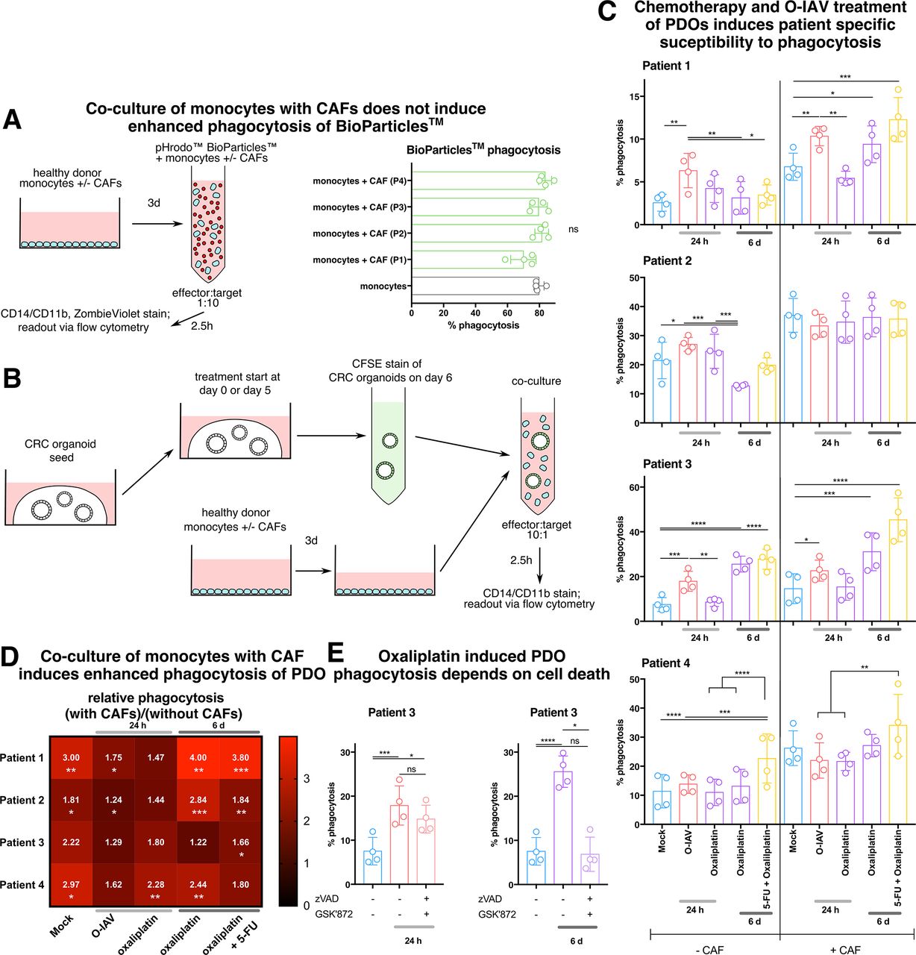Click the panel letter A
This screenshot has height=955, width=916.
point(12,120)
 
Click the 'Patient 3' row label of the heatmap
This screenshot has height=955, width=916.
point(22,842)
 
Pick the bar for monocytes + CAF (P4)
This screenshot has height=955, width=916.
point(477,181)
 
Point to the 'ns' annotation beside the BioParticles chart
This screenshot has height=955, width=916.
point(573,229)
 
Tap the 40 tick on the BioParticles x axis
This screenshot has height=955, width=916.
point(475,313)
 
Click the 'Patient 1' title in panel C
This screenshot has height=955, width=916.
point(666,66)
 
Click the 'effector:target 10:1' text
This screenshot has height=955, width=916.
point(536,531)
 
